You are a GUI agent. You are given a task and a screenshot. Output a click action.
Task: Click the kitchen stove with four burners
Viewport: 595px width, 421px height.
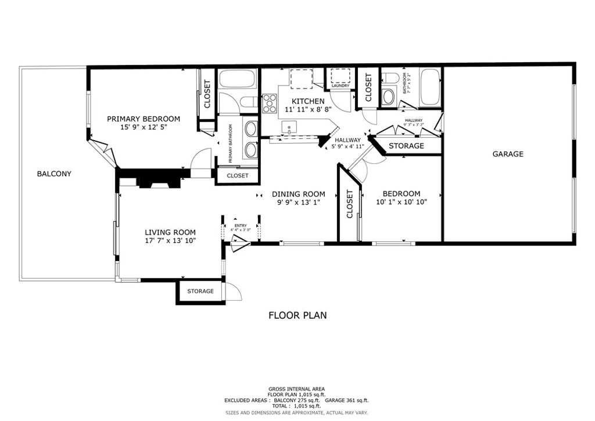coord(270,104)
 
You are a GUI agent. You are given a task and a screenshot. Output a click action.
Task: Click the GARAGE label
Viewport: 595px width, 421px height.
coord(508,154)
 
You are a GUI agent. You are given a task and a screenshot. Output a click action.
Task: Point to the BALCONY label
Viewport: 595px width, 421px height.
coord(54,173)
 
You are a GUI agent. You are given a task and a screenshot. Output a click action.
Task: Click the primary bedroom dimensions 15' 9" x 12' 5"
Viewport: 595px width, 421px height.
coord(144,127)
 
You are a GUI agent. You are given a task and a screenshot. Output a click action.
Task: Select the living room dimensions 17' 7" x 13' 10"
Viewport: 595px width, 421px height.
coord(170,241)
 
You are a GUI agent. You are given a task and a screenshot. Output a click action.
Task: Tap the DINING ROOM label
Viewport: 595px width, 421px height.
coord(299,194)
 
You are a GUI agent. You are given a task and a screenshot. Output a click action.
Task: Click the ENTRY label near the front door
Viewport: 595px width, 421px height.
coord(241,226)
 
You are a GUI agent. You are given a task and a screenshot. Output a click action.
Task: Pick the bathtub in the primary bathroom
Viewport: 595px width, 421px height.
coord(237,79)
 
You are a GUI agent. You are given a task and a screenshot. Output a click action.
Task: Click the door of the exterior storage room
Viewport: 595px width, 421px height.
coord(233,291)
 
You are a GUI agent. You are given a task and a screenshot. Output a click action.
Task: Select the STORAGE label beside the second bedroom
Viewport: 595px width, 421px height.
coord(406,146)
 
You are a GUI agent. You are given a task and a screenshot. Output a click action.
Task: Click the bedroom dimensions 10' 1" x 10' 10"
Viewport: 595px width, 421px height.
coord(402,202)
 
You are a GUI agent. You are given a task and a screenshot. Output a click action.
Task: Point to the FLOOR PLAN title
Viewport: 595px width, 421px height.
coord(297,315)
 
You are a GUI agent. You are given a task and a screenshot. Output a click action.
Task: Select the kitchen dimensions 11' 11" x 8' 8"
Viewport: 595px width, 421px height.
coord(307,109)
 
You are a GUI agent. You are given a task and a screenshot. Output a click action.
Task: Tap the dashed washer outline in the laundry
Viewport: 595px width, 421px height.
coord(340,76)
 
